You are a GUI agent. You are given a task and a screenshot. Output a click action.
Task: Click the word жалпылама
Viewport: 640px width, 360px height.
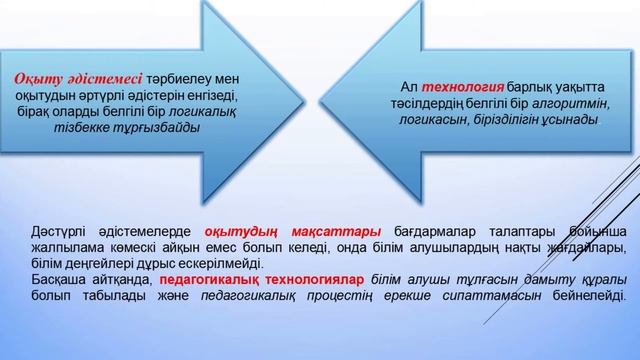pos(67,247)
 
